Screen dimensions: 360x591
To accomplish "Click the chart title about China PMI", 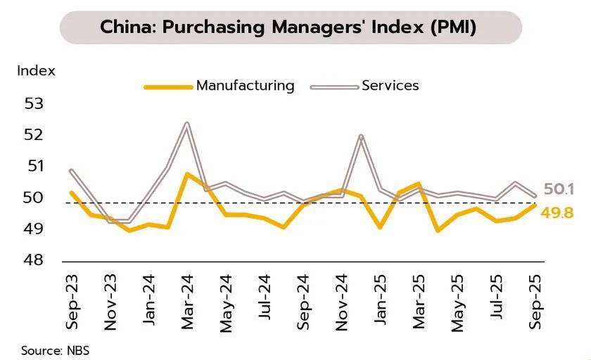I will point(288,28).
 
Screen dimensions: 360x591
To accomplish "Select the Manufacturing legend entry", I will point(245,86).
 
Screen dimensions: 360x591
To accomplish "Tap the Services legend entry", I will point(390,86).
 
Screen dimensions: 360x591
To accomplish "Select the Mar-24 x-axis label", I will point(187,300).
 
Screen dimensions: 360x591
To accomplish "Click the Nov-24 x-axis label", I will point(341,300).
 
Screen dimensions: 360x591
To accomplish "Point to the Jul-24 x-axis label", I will point(264,300).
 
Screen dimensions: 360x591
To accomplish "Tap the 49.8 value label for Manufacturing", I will point(558,211).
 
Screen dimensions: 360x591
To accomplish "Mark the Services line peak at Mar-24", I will point(186,123).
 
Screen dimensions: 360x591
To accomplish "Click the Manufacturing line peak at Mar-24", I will point(186,173).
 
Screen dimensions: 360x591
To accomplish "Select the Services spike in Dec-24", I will point(361,136).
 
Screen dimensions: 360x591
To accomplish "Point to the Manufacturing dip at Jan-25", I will point(379,227).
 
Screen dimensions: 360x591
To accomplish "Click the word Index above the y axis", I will point(36,70).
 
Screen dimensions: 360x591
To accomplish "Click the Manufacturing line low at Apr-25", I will point(438,230).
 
